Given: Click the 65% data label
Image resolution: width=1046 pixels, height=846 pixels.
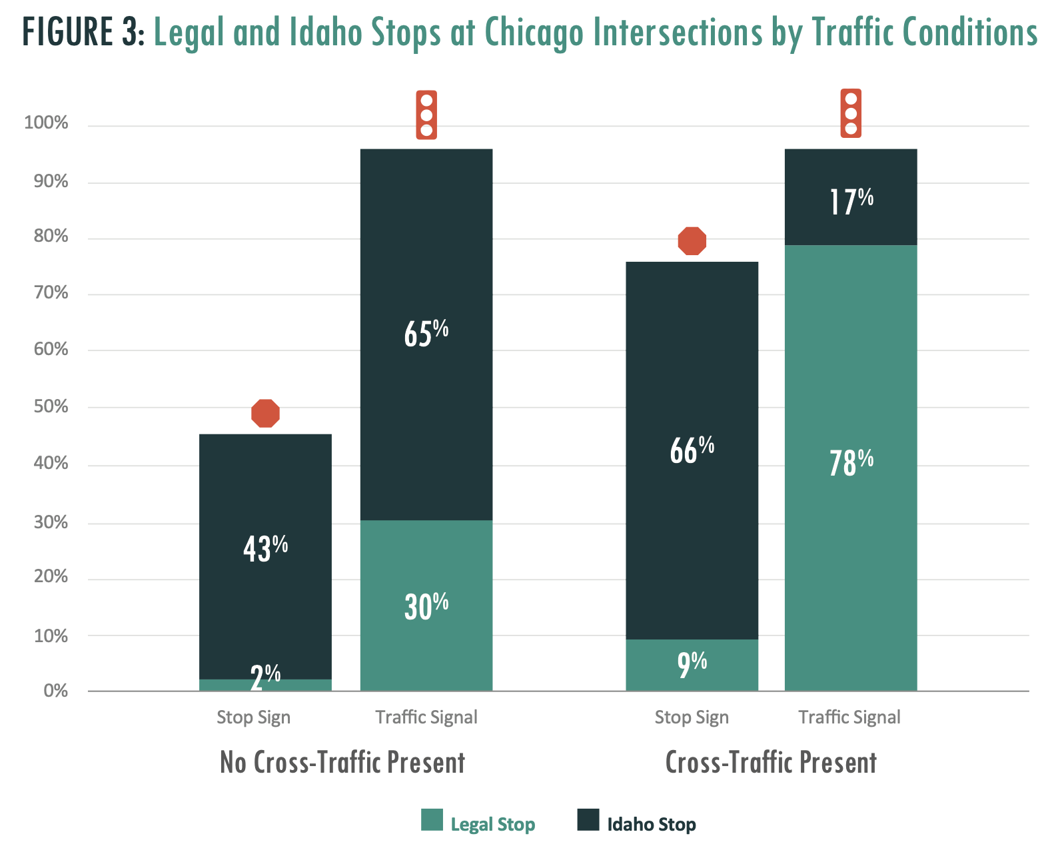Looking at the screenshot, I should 426,333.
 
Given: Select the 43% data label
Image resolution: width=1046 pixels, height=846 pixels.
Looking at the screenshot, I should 265,548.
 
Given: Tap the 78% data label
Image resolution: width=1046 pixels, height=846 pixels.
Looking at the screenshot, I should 851,462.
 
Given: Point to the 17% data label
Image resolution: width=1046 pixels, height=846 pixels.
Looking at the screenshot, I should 851,201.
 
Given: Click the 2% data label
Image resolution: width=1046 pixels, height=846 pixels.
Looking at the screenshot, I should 265,677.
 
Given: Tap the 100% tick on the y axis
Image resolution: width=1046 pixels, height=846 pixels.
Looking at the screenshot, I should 46,123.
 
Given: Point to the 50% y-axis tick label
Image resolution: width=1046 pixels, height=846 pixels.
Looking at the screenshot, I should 51,407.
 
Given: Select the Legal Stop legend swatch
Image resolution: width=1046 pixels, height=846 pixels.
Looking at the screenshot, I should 432,820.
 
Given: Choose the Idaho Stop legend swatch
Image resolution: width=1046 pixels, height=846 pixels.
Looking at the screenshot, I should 588,820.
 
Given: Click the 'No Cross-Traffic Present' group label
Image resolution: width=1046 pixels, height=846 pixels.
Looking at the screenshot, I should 342,763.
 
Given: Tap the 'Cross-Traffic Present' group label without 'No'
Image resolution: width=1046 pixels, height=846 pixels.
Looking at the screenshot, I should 771,763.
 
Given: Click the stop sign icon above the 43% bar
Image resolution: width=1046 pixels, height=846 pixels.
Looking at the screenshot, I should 265,413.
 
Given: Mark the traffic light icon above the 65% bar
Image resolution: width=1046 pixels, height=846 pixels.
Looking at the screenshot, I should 426,115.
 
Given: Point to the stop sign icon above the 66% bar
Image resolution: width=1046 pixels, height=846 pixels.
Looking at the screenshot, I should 692,240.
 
